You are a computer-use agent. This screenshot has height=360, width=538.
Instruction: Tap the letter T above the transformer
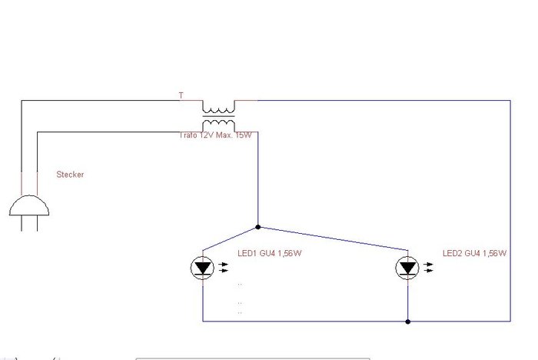pos(181,96)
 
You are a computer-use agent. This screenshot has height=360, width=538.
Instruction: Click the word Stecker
pos(70,175)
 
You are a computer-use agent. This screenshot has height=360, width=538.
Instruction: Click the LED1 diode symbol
pos(203,268)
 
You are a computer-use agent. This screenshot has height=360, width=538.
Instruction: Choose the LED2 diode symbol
pos(407,268)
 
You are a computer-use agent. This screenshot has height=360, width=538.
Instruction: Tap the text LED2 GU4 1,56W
pos(474,253)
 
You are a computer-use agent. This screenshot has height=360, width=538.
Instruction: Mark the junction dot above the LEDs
pos(257,227)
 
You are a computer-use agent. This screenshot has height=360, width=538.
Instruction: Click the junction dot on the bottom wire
pos(407,321)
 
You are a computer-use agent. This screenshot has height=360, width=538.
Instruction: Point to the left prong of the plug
pos(22,223)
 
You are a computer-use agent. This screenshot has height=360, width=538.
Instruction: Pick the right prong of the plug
pos(37,223)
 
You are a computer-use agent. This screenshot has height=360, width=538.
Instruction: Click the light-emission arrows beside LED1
pos(224,268)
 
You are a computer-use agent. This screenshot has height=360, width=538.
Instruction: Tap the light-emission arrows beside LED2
pos(429,268)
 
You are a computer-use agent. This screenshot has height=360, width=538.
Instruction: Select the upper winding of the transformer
pos(219,108)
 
